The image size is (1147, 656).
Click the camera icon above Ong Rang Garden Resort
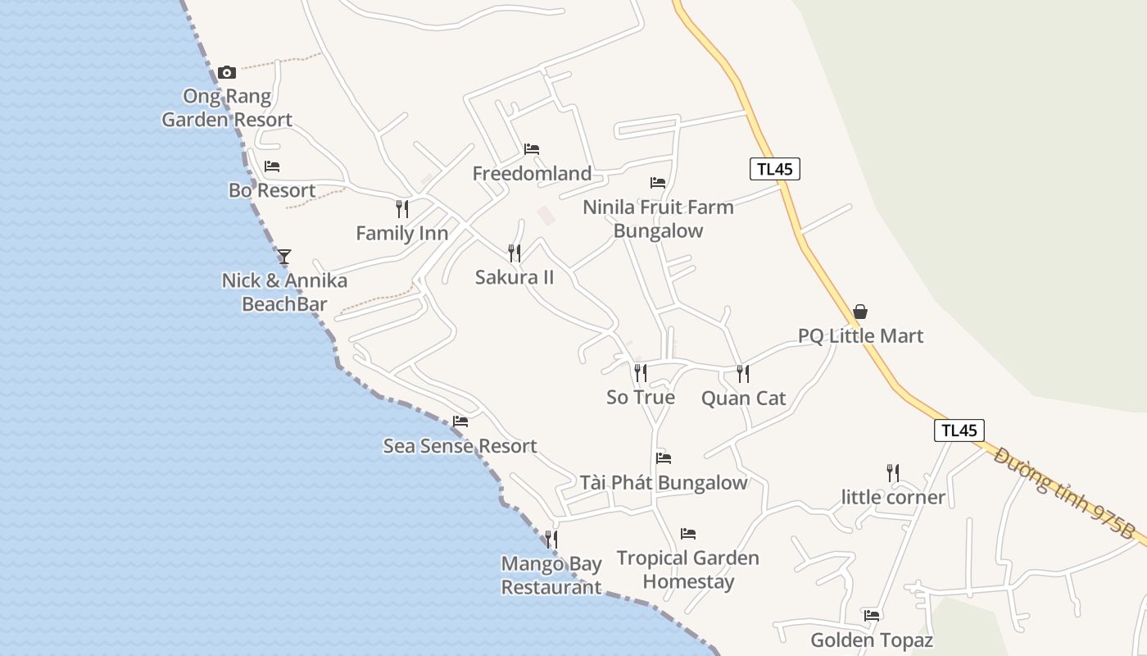(227, 72)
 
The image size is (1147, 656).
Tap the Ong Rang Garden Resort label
(227, 108)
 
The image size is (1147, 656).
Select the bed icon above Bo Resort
(272, 166)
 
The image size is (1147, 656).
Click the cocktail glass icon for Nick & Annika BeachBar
(283, 256)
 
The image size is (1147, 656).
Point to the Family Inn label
(401, 234)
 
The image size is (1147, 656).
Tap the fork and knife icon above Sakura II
(515, 253)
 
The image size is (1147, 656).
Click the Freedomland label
(532, 174)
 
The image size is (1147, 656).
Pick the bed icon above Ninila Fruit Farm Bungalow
(658, 183)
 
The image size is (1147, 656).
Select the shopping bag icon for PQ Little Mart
(860, 312)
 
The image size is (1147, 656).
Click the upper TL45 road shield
(774, 169)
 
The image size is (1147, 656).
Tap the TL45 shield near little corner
(959, 430)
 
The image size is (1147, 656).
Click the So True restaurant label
(641, 398)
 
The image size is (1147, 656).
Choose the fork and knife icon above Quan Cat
(742, 374)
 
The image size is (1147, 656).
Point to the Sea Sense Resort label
(460, 446)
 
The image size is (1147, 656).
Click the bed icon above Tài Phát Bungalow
(664, 458)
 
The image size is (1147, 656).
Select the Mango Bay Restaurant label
(551, 576)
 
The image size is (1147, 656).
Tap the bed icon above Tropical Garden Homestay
(688, 534)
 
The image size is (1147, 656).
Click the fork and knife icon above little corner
(892, 473)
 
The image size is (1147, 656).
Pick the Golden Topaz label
(872, 640)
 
